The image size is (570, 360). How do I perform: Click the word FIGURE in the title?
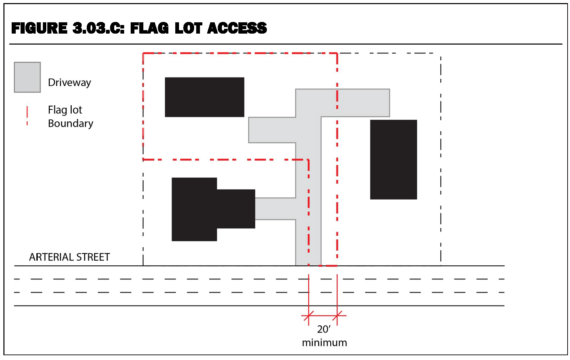click(39, 28)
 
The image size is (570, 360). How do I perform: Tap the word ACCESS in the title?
click(237, 28)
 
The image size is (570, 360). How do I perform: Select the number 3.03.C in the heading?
click(98, 28)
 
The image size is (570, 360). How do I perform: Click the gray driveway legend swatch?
click(27, 77)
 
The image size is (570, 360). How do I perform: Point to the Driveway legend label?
click(70, 83)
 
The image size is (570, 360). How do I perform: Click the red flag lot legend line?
click(27, 116)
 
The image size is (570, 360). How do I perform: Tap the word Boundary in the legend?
click(71, 123)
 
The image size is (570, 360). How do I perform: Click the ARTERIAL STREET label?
click(70, 257)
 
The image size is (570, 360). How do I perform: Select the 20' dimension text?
click(324, 329)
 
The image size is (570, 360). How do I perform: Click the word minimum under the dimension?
click(324, 343)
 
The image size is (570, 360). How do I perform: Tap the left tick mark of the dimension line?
click(309, 316)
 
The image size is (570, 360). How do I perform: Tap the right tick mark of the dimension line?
click(337, 316)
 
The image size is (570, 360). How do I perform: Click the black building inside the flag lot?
click(205, 97)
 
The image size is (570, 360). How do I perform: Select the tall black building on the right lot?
click(393, 159)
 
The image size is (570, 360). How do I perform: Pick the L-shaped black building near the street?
click(204, 209)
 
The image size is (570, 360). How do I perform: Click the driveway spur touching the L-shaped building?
click(275, 208)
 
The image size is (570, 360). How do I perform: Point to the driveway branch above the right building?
click(355, 103)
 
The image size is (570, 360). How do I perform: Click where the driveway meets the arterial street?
click(308, 265)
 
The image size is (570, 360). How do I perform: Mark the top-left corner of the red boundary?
click(143, 53)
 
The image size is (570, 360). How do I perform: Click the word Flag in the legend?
click(57, 110)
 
